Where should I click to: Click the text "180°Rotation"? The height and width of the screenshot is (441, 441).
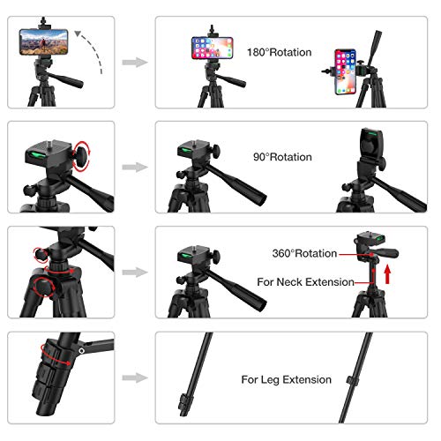280,52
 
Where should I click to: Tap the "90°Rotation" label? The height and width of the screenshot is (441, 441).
282,157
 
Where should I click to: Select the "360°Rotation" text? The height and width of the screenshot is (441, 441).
304,253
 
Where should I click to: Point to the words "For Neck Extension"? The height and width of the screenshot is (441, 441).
305,282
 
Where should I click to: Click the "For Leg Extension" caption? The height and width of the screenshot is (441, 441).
287,379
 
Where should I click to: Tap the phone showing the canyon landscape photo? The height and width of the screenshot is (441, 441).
44,42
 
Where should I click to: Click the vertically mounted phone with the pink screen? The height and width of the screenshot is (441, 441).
346,71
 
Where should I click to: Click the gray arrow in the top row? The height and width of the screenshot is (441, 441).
135,63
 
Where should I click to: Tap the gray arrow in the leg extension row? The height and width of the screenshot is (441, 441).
135,377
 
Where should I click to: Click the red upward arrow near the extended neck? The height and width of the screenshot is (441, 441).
388,274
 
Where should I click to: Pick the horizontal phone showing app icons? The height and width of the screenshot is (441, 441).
213,48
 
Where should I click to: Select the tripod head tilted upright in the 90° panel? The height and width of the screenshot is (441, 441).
371,147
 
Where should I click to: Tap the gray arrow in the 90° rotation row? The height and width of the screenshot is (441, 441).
135,168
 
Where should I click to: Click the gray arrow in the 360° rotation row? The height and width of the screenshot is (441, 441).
135,273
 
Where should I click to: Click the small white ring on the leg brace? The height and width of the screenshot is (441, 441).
82,351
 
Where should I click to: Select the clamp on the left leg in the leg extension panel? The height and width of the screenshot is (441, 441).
185,402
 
